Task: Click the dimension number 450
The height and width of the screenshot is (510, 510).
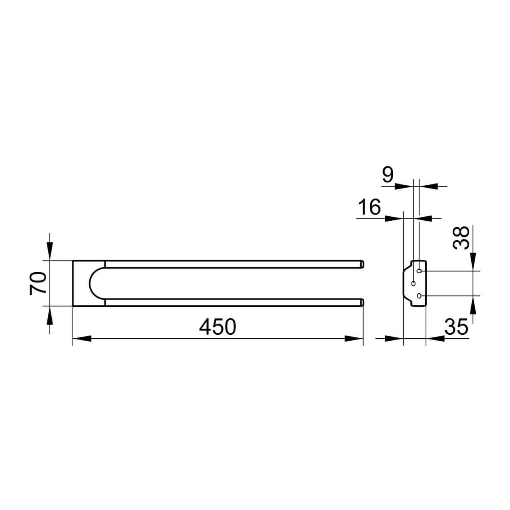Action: (217, 327)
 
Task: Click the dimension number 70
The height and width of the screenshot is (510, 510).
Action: (38, 283)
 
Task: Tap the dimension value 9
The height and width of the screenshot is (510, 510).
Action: (388, 175)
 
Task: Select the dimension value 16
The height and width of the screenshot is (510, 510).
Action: (369, 207)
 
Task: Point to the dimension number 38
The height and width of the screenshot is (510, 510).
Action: (461, 237)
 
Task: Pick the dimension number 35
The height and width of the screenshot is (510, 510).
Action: (456, 327)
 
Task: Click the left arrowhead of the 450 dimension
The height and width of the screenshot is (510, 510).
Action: (82, 339)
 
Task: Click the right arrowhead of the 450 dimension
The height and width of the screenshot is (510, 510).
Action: (354, 339)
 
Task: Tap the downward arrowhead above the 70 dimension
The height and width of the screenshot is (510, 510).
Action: (50, 251)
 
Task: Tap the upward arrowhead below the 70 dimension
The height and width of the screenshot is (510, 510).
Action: (50, 315)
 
